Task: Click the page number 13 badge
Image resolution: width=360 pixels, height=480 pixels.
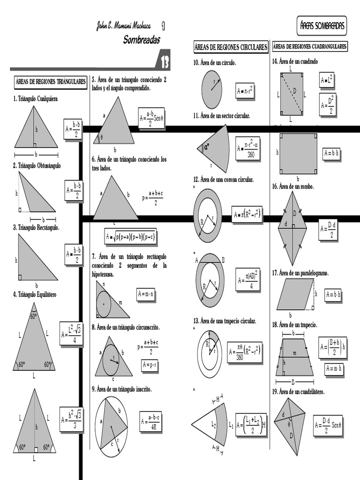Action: [x=165, y=61]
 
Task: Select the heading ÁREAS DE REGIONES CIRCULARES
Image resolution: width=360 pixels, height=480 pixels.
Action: [x=231, y=47]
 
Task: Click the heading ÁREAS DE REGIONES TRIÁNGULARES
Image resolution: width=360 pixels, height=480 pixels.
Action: [x=50, y=81]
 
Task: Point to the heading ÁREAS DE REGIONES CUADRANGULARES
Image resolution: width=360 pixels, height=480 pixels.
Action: [x=310, y=46]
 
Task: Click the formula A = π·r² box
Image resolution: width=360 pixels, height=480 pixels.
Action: [x=245, y=91]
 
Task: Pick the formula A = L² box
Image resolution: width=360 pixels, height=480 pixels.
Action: [x=326, y=80]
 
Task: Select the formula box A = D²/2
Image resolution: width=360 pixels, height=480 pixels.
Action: [x=326, y=105]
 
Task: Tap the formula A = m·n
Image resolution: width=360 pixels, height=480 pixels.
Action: [x=146, y=294]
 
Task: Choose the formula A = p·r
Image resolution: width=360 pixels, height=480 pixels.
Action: [x=150, y=365]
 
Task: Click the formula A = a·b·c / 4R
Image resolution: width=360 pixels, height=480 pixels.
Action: [x=150, y=421]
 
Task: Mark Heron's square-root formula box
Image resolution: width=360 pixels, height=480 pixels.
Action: [x=130, y=237]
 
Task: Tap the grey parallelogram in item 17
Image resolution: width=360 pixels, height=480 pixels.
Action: [x=294, y=294]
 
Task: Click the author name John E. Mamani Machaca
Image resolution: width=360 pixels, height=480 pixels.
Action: [x=124, y=26]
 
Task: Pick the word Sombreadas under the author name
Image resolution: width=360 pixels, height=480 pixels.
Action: [x=141, y=39]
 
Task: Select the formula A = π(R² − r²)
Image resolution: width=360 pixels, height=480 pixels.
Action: [x=247, y=215]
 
